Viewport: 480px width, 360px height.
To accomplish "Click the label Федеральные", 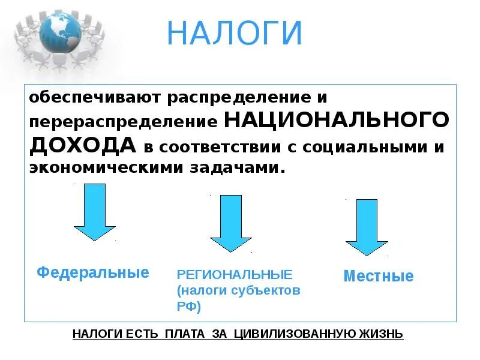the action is (93, 272).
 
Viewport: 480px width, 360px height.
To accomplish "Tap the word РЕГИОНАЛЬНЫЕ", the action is (235, 275).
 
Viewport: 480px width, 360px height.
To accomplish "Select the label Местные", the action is (378, 277).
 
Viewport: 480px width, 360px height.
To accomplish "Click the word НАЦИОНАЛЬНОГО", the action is (337, 121).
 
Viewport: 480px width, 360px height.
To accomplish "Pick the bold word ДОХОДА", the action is (83, 145).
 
